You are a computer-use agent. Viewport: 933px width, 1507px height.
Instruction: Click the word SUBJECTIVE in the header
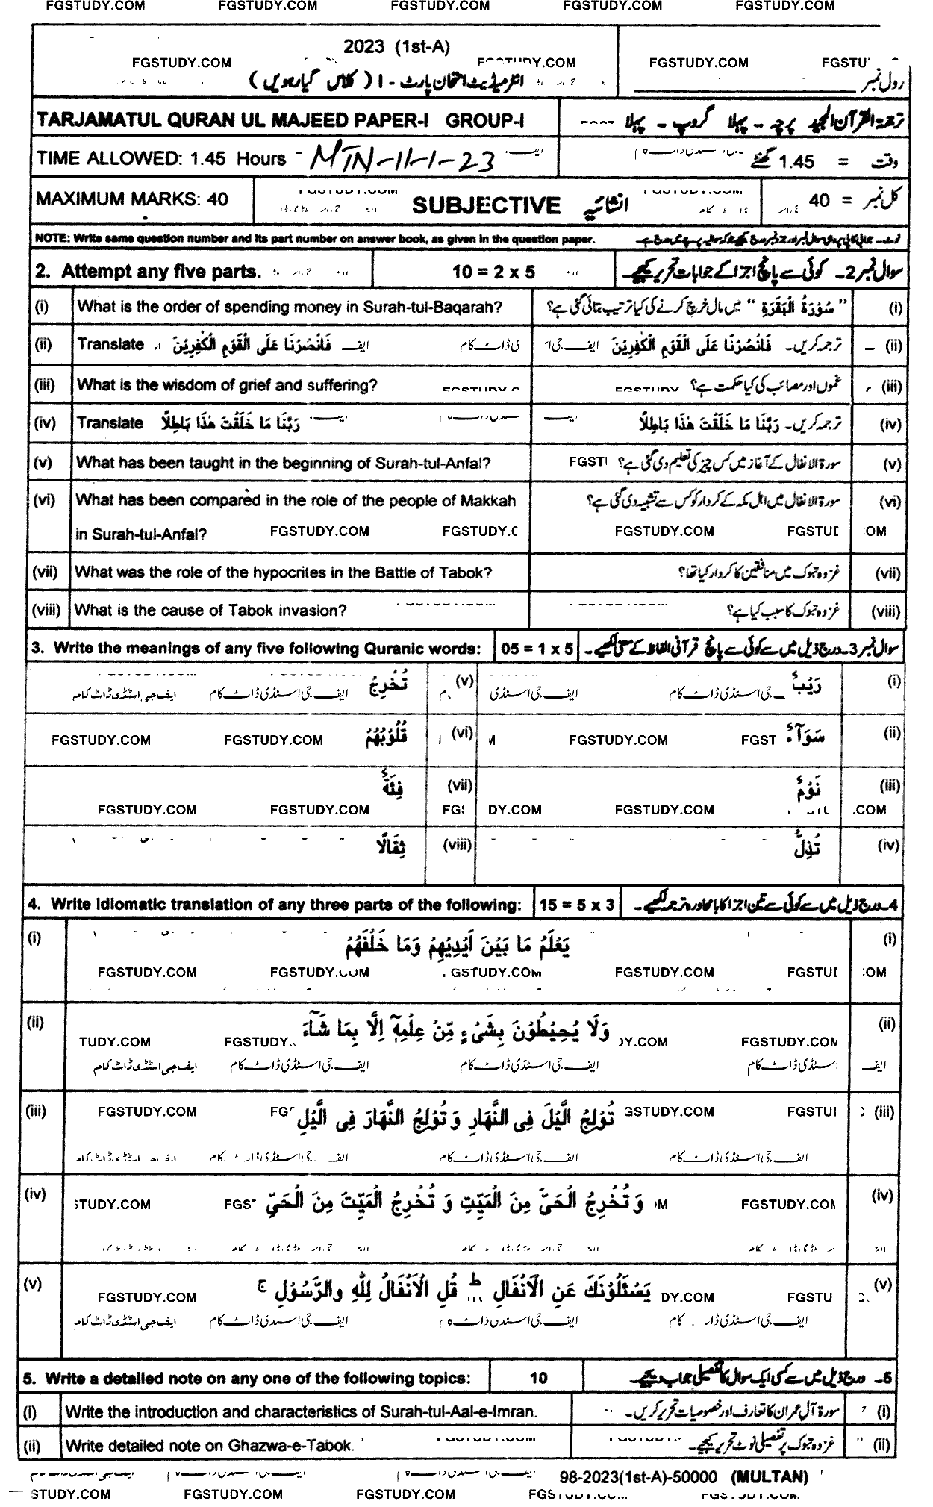coord(485,206)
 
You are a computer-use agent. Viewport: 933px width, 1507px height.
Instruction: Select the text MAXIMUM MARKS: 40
coord(132,199)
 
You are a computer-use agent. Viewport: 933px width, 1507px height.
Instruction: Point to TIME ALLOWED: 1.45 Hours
coord(161,158)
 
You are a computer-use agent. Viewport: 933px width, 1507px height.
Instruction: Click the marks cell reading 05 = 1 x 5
coord(537,649)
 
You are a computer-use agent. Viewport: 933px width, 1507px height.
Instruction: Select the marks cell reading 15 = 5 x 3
coord(577,905)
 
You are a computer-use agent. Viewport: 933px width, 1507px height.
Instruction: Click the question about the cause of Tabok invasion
coord(210,611)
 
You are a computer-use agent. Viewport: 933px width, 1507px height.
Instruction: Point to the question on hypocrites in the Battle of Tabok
coord(284,573)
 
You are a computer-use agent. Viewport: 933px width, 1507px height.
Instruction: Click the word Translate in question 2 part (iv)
coord(110,423)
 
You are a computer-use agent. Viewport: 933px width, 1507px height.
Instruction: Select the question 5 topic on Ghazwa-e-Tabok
coord(210,1445)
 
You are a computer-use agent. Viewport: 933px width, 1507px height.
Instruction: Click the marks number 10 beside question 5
coord(538,1379)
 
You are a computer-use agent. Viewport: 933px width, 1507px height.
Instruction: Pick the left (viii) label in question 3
coord(458,845)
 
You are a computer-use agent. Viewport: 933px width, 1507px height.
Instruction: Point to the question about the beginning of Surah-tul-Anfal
coord(284,463)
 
